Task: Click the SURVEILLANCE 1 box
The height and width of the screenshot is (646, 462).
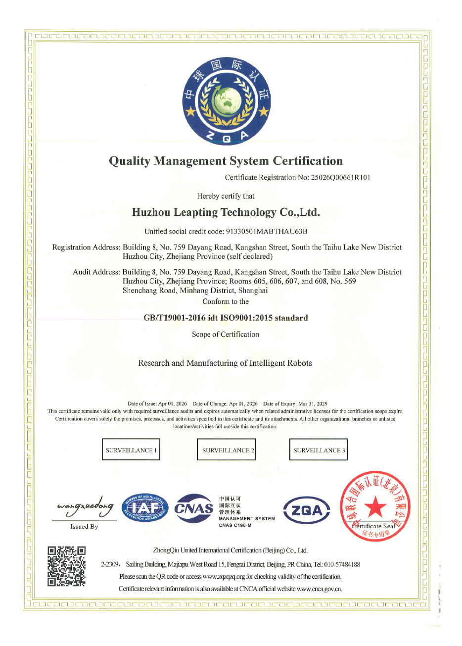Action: tap(131, 449)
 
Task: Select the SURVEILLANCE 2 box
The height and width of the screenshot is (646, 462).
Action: tap(227, 449)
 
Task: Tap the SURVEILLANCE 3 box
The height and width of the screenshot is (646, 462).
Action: tap(319, 449)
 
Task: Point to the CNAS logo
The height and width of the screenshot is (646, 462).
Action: tap(194, 508)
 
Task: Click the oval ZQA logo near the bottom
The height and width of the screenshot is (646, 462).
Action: tap(307, 510)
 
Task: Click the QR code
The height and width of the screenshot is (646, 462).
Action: tap(67, 566)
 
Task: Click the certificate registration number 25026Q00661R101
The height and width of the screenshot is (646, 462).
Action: tap(340, 178)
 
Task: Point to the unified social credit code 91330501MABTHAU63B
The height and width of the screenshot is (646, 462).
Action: tap(267, 231)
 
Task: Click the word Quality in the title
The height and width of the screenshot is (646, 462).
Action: tap(129, 161)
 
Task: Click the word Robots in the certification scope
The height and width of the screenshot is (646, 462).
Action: tap(299, 363)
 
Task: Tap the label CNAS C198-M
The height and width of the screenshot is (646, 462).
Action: tap(235, 525)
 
